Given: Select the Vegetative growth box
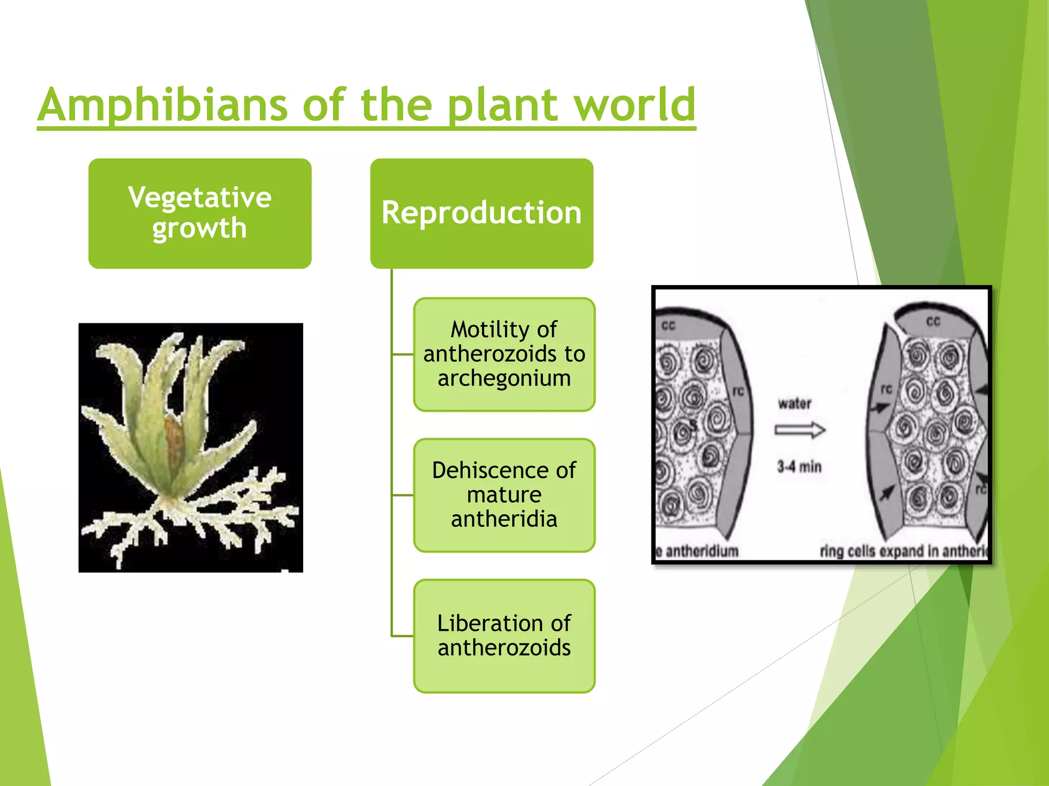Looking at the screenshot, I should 200,213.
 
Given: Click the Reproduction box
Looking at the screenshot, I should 481,213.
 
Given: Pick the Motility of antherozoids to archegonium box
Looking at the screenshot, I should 504,354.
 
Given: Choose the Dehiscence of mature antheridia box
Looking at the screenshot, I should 504,495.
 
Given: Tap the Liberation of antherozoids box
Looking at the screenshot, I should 504,636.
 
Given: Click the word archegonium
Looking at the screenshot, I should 504,378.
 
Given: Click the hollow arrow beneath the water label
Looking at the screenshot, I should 800,430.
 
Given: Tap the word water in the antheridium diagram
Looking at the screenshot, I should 794,404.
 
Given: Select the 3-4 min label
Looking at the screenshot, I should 799,467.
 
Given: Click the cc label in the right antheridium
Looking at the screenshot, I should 933,321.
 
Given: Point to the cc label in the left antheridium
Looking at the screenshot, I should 668,325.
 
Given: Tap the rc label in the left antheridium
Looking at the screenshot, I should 738,391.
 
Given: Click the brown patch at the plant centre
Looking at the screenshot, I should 174,440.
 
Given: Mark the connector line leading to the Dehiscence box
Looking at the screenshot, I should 403,495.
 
